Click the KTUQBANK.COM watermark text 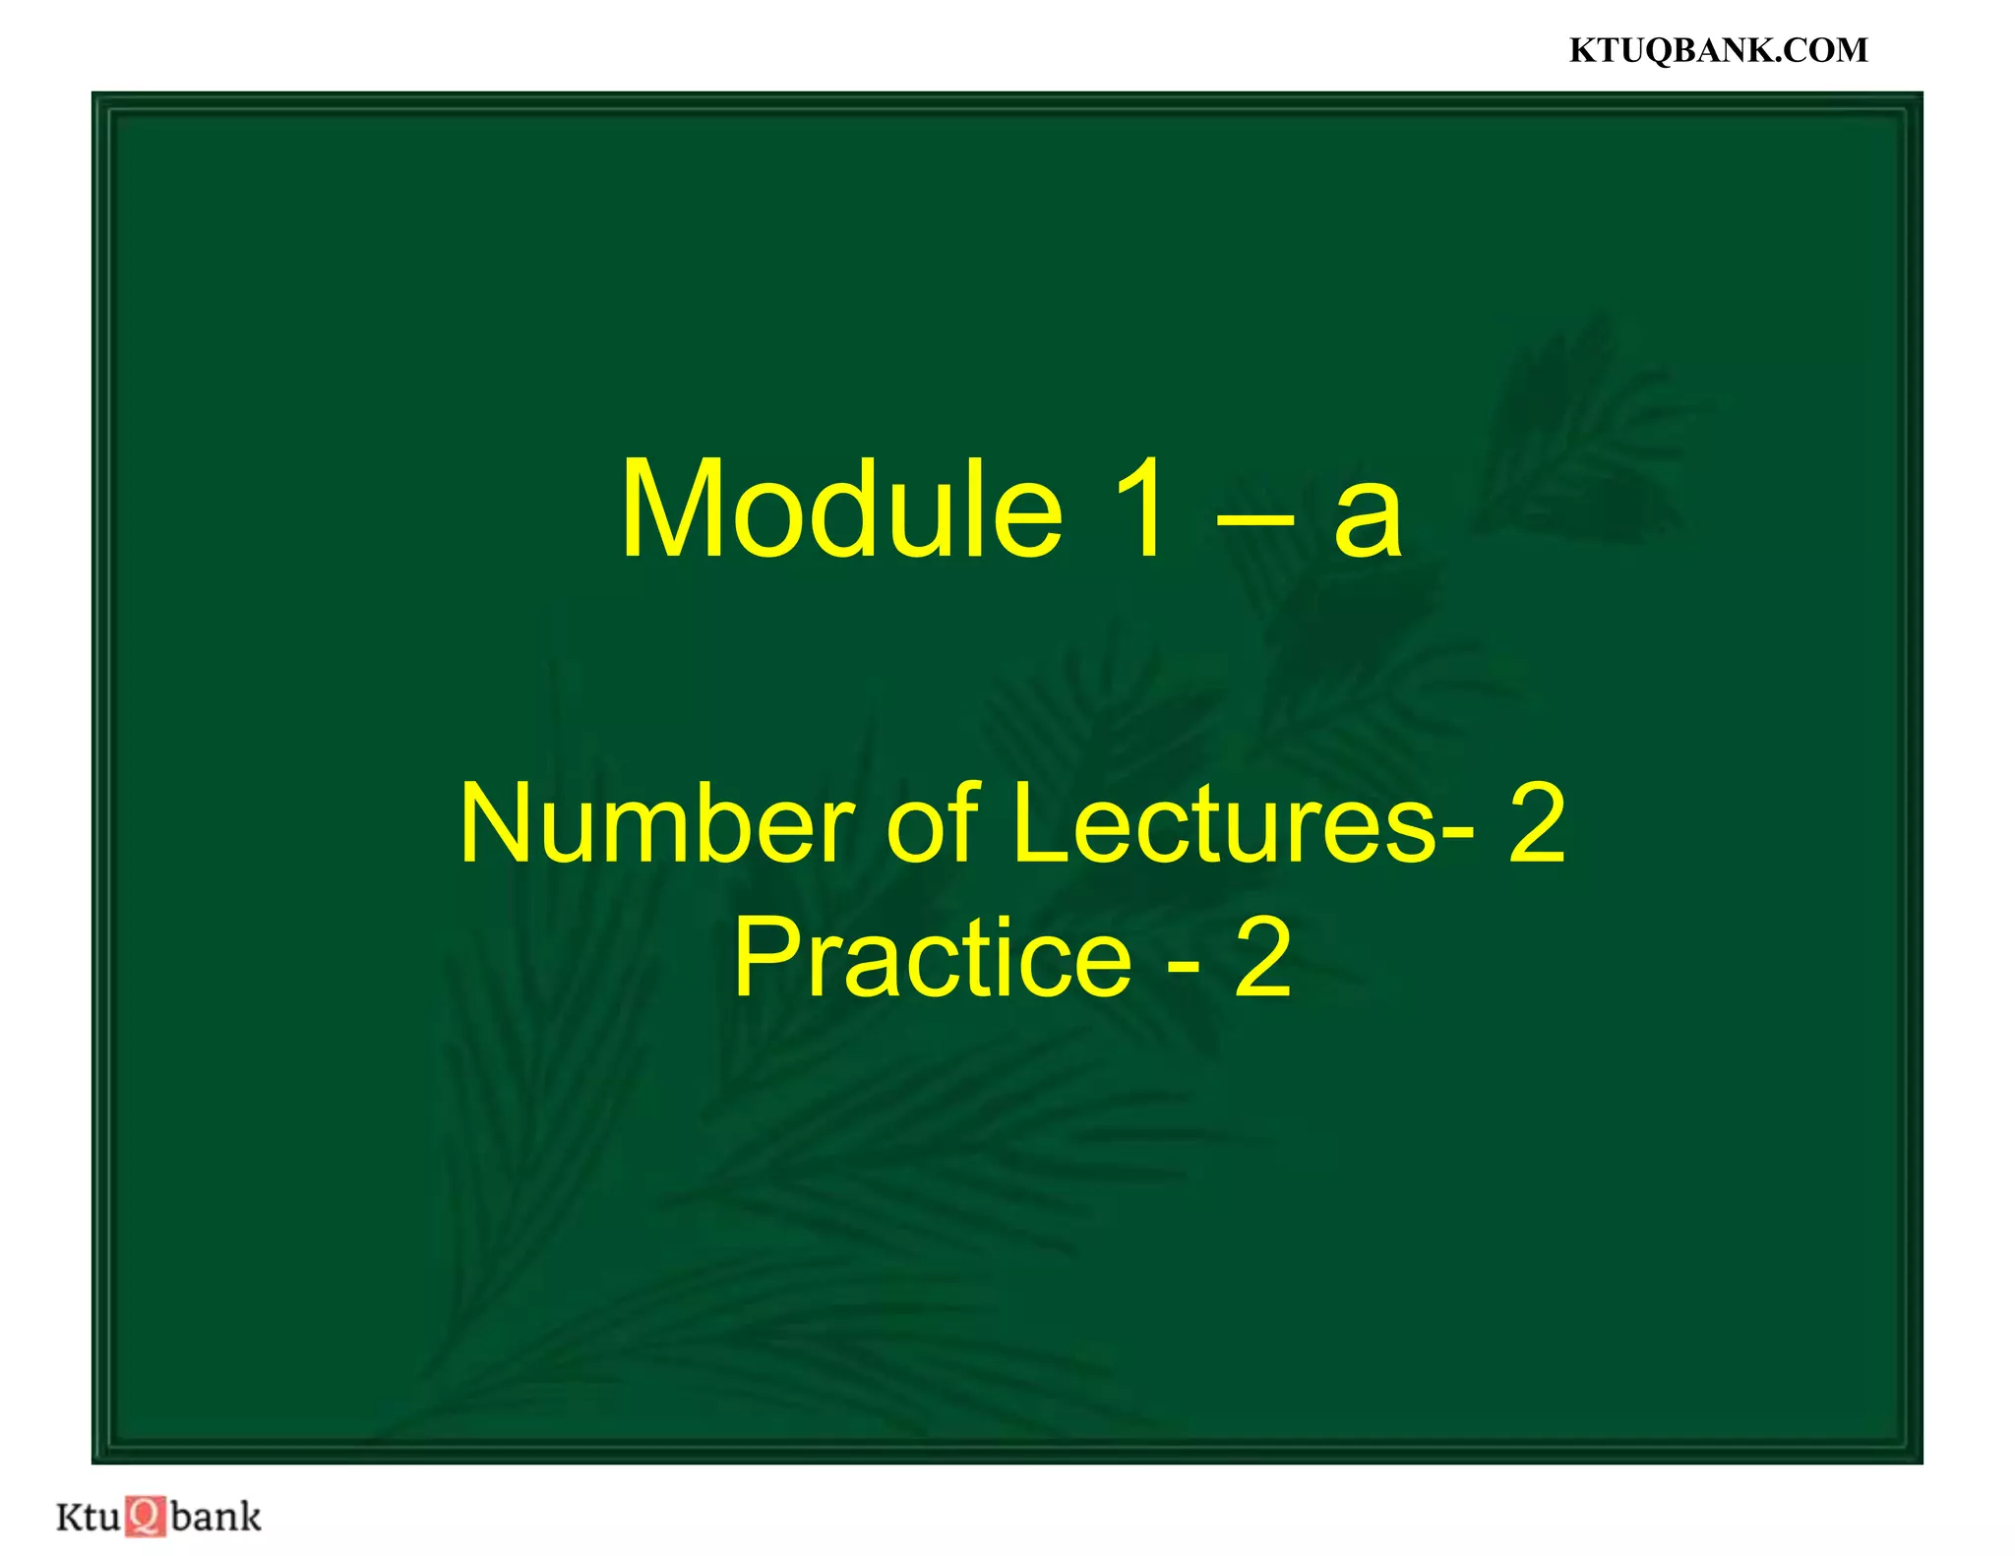pyautogui.click(x=1718, y=50)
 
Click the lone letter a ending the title pyautogui.click(x=1367, y=521)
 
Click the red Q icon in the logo pyautogui.click(x=146, y=1516)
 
